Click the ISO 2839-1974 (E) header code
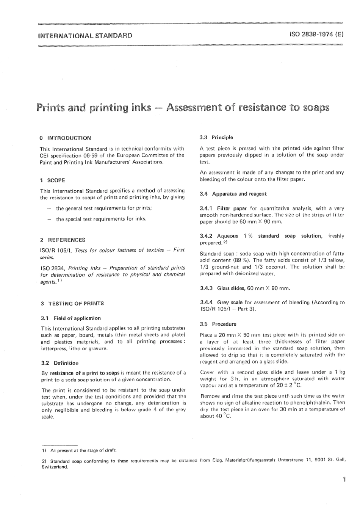(316, 34)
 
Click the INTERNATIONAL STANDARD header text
(85, 36)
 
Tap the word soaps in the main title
(315, 108)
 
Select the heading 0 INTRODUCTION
(65, 138)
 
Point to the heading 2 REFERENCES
(62, 240)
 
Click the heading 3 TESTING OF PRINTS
(72, 303)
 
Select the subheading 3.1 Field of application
(71, 318)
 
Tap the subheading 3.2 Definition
(60, 363)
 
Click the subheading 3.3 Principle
(216, 137)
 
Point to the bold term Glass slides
(231, 288)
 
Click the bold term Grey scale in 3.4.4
(230, 303)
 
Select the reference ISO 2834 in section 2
(52, 268)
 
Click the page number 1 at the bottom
(344, 490)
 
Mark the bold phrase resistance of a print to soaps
(85, 373)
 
